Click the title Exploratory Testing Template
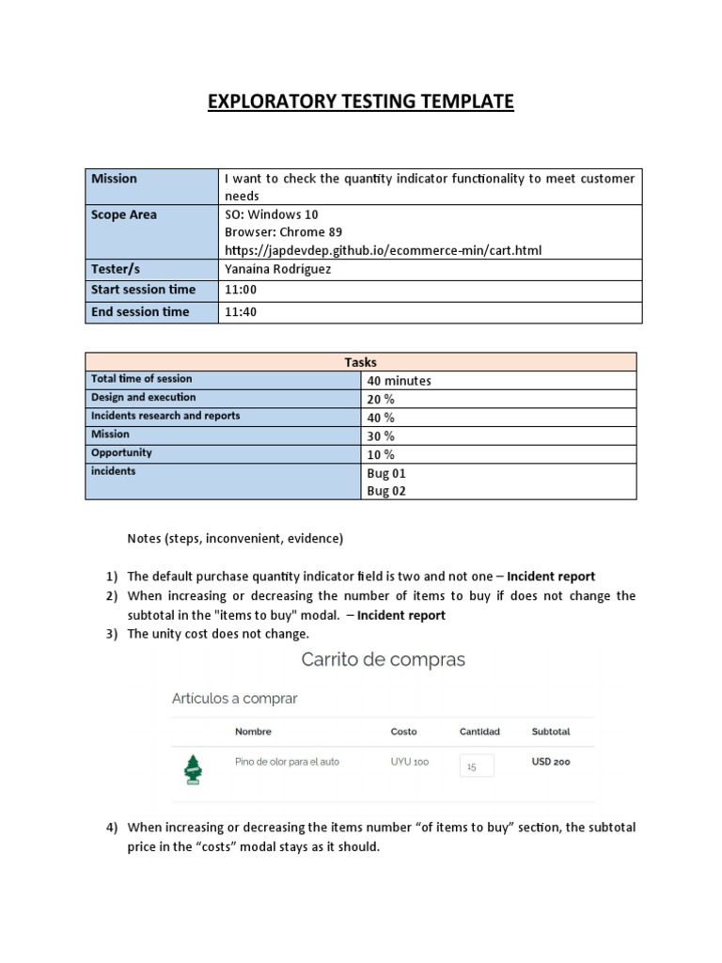click(360, 102)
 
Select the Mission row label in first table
click(114, 179)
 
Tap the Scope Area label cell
click(124, 215)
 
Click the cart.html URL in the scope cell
click(383, 250)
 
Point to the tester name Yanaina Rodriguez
click(277, 269)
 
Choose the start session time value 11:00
click(240, 290)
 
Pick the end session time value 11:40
click(240, 312)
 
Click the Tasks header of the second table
click(360, 362)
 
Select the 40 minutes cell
click(400, 381)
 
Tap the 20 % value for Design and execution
click(381, 399)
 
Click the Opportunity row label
click(121, 453)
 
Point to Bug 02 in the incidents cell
click(386, 491)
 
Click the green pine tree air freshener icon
click(193, 768)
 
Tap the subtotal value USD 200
click(551, 762)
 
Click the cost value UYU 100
click(409, 762)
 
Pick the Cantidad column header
click(479, 732)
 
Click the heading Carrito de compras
click(383, 660)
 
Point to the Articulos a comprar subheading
click(234, 699)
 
